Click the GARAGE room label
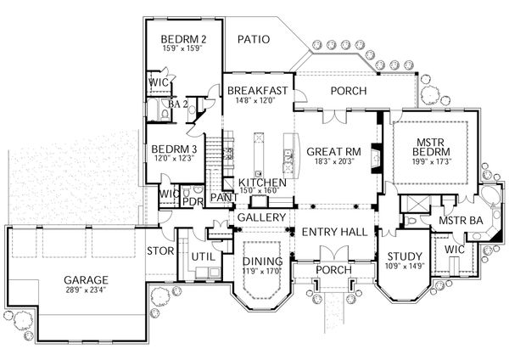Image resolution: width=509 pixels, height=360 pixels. pyautogui.click(x=82, y=279)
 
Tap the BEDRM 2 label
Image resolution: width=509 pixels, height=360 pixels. pyautogui.click(x=183, y=39)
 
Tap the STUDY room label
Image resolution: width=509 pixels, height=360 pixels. pyautogui.click(x=398, y=257)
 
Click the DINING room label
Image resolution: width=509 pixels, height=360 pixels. pyautogui.click(x=262, y=261)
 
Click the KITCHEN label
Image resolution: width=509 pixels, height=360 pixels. pyautogui.click(x=261, y=183)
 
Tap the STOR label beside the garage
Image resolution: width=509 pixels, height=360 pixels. pyautogui.click(x=160, y=251)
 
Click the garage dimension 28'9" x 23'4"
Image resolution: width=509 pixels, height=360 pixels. pyautogui.click(x=82, y=290)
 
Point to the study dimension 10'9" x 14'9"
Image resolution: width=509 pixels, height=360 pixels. pyautogui.click(x=398, y=268)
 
